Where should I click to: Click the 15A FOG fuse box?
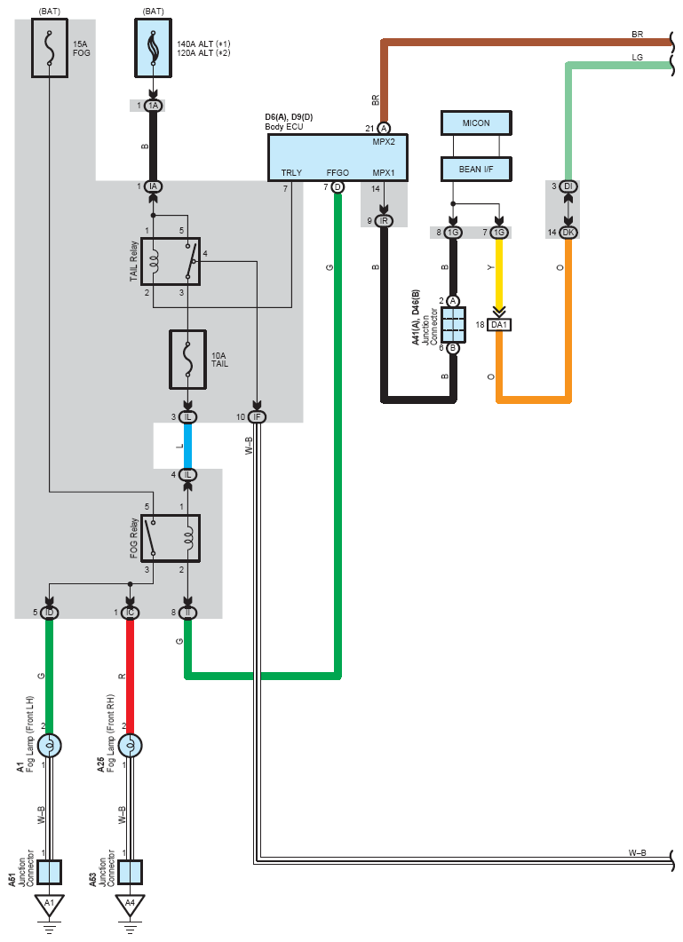click(x=50, y=47)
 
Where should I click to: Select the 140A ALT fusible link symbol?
click(x=153, y=47)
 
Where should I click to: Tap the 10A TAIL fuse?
click(x=187, y=360)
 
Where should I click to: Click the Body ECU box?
click(x=338, y=157)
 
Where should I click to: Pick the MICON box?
click(x=476, y=123)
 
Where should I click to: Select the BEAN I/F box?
click(x=476, y=170)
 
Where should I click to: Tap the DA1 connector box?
click(x=499, y=325)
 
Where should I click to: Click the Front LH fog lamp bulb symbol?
click(x=50, y=746)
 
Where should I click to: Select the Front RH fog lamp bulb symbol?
click(x=130, y=746)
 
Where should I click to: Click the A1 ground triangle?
click(x=50, y=905)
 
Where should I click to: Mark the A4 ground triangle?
click(x=130, y=905)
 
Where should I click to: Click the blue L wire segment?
click(x=187, y=446)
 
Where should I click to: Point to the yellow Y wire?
click(x=499, y=273)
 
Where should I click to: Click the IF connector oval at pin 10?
click(x=257, y=417)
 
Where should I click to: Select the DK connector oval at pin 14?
click(x=568, y=233)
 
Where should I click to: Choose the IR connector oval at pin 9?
click(x=384, y=221)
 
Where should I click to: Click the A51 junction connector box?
click(x=50, y=873)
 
